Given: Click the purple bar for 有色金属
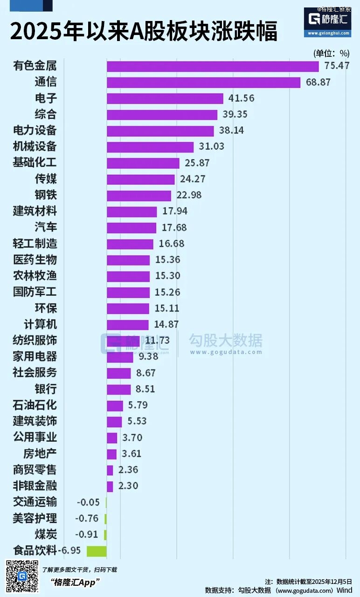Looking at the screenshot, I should point(213,66).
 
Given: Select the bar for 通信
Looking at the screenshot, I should point(203,83).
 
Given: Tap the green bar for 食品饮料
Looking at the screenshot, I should point(97,551).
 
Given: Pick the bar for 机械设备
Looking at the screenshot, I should point(150,147).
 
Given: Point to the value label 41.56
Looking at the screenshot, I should point(242,98).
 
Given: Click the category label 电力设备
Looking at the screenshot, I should point(35,131).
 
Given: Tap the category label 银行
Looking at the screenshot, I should point(46,389).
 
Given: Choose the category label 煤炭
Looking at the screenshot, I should point(46,535).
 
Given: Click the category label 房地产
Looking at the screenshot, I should point(40,453).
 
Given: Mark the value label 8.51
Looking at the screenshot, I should point(145,389).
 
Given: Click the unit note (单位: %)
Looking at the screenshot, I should point(332,53).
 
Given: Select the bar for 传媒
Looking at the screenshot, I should point(141,179).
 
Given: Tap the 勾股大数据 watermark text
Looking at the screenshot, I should point(225,341).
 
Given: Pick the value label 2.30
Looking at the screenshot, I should point(128,486).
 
